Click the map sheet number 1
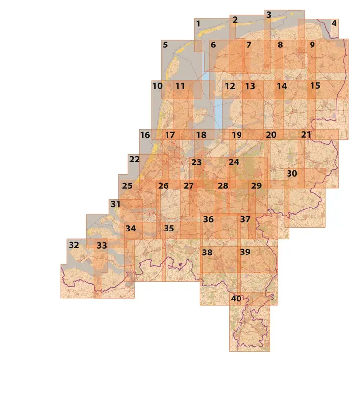click(x=198, y=23)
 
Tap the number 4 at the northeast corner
click(x=334, y=23)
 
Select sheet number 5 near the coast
click(x=165, y=45)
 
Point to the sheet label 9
click(x=312, y=45)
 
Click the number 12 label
click(x=230, y=86)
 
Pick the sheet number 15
click(x=315, y=86)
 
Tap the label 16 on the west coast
click(x=145, y=135)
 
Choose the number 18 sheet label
click(x=201, y=135)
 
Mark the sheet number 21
click(x=306, y=135)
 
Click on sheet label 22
click(x=134, y=159)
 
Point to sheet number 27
click(x=189, y=186)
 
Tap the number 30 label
click(x=292, y=174)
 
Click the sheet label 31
click(x=115, y=204)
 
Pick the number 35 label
click(x=169, y=229)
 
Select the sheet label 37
click(x=245, y=220)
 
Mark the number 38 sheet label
click(x=207, y=253)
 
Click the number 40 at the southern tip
click(x=236, y=299)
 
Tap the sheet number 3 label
click(x=269, y=15)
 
